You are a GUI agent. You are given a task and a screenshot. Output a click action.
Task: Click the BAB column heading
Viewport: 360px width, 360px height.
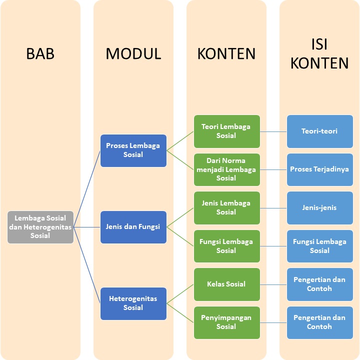pyautogui.click(x=40, y=54)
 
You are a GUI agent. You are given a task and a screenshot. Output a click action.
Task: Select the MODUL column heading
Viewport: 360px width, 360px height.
pyautogui.click(x=133, y=54)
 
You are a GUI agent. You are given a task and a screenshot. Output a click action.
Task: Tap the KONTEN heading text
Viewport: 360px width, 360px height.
pyautogui.click(x=226, y=54)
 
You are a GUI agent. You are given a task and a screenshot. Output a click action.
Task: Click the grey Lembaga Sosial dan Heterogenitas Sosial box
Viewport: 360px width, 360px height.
pyautogui.click(x=40, y=227)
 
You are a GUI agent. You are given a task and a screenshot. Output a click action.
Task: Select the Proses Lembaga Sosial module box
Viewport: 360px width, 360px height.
pyautogui.click(x=133, y=150)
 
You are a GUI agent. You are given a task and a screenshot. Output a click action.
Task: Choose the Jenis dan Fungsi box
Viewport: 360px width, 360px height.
pyautogui.click(x=133, y=227)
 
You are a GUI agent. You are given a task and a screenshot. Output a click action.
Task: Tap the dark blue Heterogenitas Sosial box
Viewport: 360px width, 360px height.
pyautogui.click(x=133, y=303)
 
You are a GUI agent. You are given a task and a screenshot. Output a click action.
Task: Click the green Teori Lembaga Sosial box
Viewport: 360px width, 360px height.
pyautogui.click(x=226, y=131)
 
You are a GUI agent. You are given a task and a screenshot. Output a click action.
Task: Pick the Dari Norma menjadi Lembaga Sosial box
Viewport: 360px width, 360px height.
pyautogui.click(x=226, y=169)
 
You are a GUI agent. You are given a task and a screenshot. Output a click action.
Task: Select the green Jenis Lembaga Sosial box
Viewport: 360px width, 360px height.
pyautogui.click(x=226, y=207)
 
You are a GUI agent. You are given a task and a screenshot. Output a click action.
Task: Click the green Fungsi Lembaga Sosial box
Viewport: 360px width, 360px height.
pyautogui.click(x=226, y=246)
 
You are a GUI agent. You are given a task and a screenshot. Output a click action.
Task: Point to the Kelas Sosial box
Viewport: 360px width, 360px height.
pyautogui.click(x=226, y=284)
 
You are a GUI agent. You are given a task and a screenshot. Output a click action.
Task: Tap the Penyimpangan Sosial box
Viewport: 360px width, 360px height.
pyautogui.click(x=226, y=322)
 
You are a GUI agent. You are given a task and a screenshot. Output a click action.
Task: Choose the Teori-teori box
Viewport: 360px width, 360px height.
pyautogui.click(x=319, y=131)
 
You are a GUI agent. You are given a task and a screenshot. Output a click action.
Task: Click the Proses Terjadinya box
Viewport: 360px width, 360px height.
pyautogui.click(x=319, y=169)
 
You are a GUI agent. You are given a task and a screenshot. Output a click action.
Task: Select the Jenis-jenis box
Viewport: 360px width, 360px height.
pyautogui.click(x=319, y=207)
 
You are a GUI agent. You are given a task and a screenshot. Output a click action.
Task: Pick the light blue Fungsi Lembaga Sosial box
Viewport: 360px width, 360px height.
pyautogui.click(x=319, y=246)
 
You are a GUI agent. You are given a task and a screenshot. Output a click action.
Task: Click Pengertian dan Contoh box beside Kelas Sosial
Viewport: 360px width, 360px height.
pyautogui.click(x=319, y=284)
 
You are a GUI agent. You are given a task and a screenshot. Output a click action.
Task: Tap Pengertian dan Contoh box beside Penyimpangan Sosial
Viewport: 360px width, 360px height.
pyautogui.click(x=319, y=322)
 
